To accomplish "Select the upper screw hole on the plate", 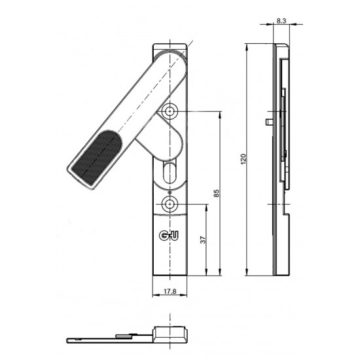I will click(171, 111).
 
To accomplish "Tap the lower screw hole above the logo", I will click(171, 204).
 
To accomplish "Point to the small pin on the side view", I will click(269, 121).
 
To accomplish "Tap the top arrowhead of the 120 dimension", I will click(247, 47).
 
